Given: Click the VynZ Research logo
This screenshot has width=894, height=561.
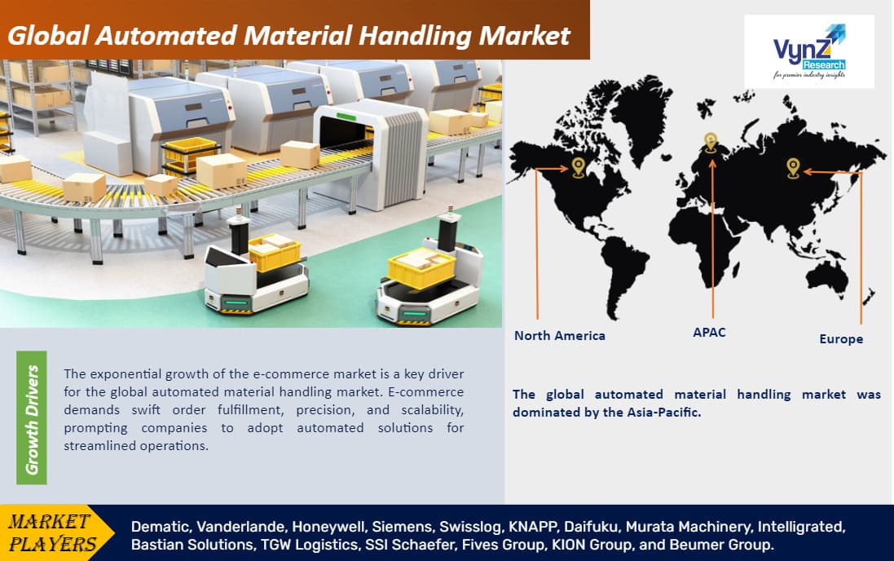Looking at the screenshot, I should pyautogui.click(x=808, y=51).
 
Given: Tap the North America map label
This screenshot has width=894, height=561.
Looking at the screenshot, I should pyautogui.click(x=559, y=336).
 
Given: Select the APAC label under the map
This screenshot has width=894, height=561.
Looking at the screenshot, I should pyautogui.click(x=710, y=333).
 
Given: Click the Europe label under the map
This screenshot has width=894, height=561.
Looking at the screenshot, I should pyautogui.click(x=841, y=338).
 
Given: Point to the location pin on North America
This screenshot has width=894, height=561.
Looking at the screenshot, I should pyautogui.click(x=578, y=167).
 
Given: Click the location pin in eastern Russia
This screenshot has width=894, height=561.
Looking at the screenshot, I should pyautogui.click(x=793, y=168).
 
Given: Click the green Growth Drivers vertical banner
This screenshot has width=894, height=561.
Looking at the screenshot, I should pyautogui.click(x=32, y=417).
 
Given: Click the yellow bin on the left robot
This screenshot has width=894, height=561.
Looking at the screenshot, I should pyautogui.click(x=274, y=252).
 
